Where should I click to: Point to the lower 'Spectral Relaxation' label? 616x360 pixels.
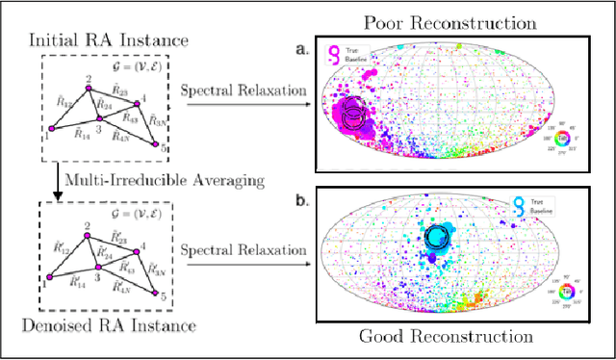[x=245, y=247]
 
